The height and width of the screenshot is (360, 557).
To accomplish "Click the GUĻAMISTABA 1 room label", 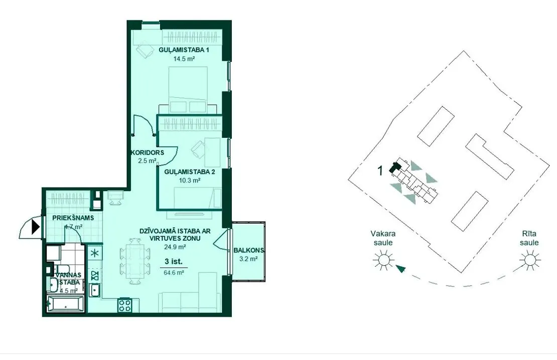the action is coord(184,50).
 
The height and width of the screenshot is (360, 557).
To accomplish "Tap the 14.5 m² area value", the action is coord(184,59).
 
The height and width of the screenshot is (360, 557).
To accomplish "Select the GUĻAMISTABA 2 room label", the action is coord(189,172).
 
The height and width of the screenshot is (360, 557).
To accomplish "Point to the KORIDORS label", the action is coord(148,152).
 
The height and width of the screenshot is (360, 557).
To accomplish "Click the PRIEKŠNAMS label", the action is coord(73,218).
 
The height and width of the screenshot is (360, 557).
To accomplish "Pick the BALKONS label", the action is coord(249,250).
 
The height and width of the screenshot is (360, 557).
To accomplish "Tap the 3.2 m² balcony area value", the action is coord(248,259).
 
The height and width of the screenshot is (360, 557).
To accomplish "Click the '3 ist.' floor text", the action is coord(173,262).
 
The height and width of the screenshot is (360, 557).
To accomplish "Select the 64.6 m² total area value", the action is coord(174,273).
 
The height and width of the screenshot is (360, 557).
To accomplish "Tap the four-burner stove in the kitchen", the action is coord(125,305).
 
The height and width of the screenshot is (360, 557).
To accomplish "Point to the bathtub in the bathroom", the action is coord(65,304).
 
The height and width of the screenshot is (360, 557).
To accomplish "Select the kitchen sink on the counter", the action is coord(95,290).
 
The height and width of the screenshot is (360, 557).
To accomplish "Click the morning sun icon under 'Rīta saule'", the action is coord(529,260).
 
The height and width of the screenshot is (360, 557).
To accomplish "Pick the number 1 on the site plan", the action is coord(380,171).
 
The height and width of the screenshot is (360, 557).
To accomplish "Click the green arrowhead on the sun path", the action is coord(401,269).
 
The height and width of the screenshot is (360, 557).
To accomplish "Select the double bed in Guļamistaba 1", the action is coord(188,90).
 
